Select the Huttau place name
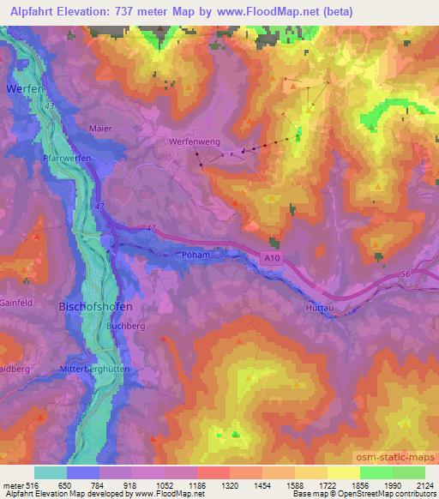pyautogui.click(x=319, y=307)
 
